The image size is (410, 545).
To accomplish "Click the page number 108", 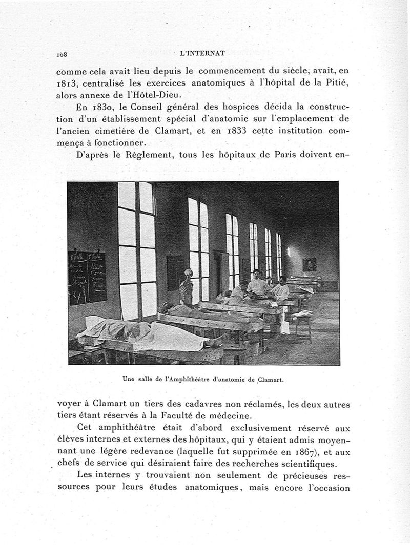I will pos(64,53).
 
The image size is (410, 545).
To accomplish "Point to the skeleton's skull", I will pos(188,274).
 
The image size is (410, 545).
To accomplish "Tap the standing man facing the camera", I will pos(257,283).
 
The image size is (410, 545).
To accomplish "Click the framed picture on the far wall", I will pos(309,264).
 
